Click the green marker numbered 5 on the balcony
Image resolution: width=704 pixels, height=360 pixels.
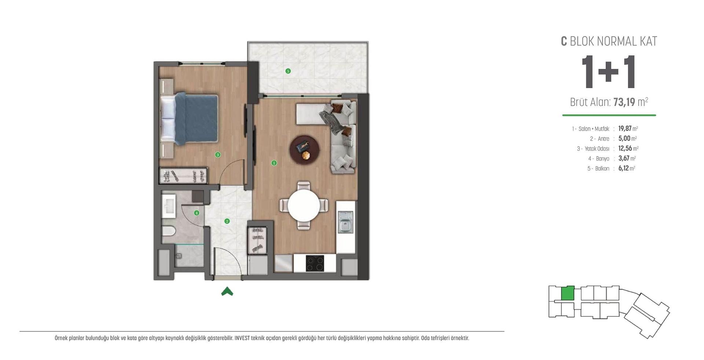tap(288, 71)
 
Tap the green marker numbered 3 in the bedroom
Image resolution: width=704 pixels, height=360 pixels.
tap(218, 155)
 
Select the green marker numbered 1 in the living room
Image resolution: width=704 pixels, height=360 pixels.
tap(274, 163)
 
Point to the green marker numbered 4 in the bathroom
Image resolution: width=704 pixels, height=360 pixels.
tap(197, 213)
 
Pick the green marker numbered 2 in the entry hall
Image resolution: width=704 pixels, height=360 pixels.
tap(227, 221)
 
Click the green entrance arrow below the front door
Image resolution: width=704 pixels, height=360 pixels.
tap(227, 291)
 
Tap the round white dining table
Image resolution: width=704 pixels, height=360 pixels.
tap(304, 205)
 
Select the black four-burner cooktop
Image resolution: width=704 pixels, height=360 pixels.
tap(315, 263)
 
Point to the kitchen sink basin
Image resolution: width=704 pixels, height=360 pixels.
tap(345, 226)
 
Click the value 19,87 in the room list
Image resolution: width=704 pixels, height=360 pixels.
tap(625, 129)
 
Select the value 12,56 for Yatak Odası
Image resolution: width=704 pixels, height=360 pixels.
tap(625, 148)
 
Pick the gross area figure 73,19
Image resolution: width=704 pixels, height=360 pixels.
tap(624, 102)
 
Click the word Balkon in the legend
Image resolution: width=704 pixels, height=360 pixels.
tap(602, 169)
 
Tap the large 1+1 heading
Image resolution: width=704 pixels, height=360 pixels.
tap(609, 72)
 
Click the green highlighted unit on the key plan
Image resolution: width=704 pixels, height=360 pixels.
tap(568, 293)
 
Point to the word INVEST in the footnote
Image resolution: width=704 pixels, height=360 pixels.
tap(242, 338)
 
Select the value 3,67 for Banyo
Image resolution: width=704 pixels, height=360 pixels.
tap(624, 158)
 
